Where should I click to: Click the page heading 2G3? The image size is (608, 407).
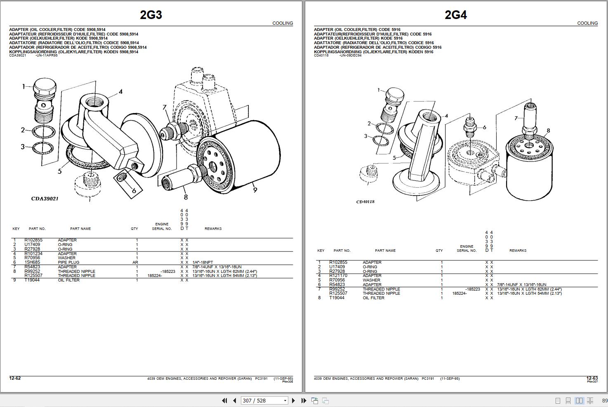tap(151, 15)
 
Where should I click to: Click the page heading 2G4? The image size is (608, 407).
tap(455, 15)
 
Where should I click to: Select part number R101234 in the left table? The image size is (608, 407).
tap(33, 253)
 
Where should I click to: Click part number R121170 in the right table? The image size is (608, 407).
tap(338, 276)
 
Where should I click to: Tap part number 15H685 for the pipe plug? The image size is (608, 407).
tap(32, 263)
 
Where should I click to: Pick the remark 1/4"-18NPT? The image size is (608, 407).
tap(203, 263)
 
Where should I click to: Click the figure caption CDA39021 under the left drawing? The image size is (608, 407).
tap(45, 199)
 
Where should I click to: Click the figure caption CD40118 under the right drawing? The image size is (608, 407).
tap(365, 202)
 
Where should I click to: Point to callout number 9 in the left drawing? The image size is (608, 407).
tap(255, 190)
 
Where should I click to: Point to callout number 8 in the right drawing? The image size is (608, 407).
tap(548, 131)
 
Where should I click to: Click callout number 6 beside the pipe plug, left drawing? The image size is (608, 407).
tap(134, 191)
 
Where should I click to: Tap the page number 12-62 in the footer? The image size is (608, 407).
tap(15, 379)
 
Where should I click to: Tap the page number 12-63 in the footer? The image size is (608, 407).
tap(592, 379)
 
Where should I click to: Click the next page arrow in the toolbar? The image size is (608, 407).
tap(293, 400)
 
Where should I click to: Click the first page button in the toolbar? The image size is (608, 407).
tap(224, 400)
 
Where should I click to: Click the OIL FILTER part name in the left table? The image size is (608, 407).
tap(68, 280)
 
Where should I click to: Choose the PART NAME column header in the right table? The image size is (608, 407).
tap(385, 251)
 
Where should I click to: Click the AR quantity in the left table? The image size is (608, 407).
tap(135, 263)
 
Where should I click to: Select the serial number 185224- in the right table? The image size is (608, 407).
tap(460, 293)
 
